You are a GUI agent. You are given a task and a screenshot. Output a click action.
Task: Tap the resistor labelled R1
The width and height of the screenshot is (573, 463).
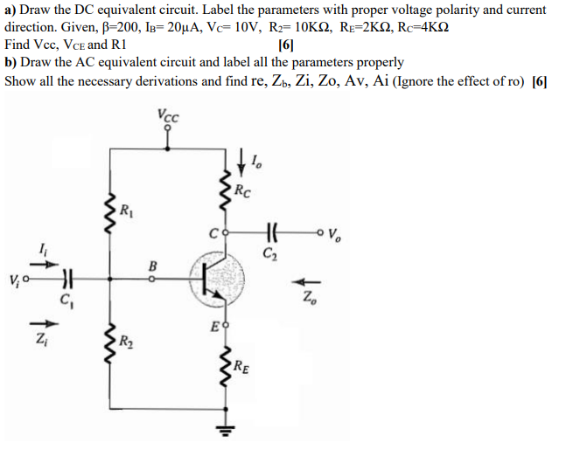(110, 211)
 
